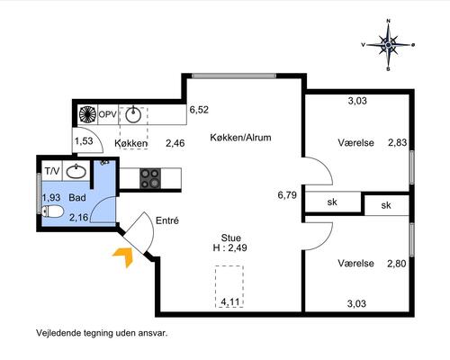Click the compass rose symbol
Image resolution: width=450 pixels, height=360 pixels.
point(388,45)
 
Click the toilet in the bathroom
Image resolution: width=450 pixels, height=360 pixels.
point(53,211)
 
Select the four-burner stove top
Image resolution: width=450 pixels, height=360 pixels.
point(150,178)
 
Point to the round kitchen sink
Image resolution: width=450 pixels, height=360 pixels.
point(133,115)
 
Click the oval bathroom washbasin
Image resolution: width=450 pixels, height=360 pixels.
point(76,172)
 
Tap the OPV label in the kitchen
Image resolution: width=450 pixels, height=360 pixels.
point(107,114)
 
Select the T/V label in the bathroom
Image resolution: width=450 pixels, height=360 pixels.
point(52,171)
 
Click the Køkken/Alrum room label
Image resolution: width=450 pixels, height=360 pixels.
point(240,138)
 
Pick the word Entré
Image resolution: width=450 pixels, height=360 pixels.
point(167,220)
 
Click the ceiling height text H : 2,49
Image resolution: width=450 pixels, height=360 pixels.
point(230,247)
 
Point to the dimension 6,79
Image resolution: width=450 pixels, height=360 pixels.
point(287,195)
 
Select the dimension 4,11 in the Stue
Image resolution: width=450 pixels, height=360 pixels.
point(230,301)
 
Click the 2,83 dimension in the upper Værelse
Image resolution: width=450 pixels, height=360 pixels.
point(398,142)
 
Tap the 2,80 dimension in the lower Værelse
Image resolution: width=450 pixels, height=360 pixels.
point(397,264)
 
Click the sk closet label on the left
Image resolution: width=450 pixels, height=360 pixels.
point(332,202)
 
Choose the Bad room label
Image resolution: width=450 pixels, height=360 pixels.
point(77,198)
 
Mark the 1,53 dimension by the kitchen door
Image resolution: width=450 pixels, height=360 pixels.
point(84,141)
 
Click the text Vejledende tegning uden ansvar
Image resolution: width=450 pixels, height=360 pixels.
point(102,333)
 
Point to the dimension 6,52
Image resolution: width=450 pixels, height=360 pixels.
point(199,110)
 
